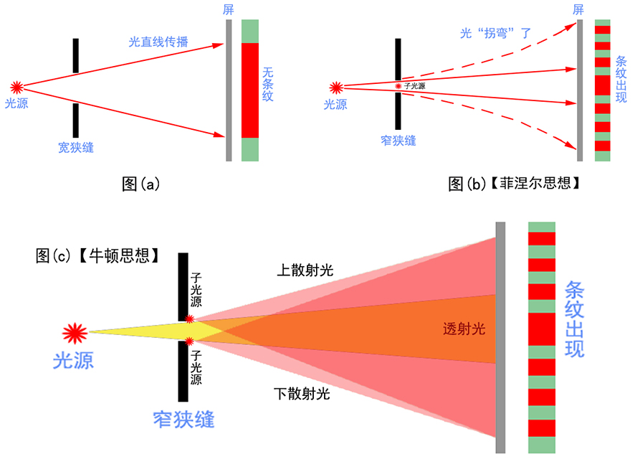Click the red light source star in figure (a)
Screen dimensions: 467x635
tap(16, 88)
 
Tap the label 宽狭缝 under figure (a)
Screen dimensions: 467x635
tap(75, 148)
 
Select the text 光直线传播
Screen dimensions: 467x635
tap(158, 42)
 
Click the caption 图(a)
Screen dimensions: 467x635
tap(140, 184)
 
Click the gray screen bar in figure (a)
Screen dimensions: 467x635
tap(229, 90)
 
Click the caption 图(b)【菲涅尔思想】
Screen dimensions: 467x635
tap(514, 184)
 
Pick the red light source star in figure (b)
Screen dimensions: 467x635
tap(335, 88)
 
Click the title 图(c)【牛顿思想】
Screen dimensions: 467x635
tap(97, 255)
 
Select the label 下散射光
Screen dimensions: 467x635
tap(302, 393)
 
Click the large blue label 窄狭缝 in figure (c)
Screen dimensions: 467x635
tap(183, 418)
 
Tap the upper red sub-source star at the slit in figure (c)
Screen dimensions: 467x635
tap(189, 319)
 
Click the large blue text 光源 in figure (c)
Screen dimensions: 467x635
tap(74, 361)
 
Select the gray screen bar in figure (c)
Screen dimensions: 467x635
tap(500, 337)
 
